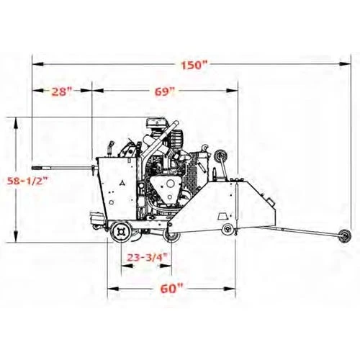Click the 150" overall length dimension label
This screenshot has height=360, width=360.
click(194, 66)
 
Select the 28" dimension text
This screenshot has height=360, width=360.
click(62, 91)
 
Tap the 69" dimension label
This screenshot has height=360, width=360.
click(164, 91)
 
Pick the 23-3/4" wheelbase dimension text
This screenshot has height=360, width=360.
click(147, 257)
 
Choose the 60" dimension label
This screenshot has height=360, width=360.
click(171, 289)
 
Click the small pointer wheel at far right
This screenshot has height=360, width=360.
click(344, 235)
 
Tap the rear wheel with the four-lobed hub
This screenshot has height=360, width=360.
click(121, 232)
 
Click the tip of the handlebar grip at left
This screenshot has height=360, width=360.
click(32, 168)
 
